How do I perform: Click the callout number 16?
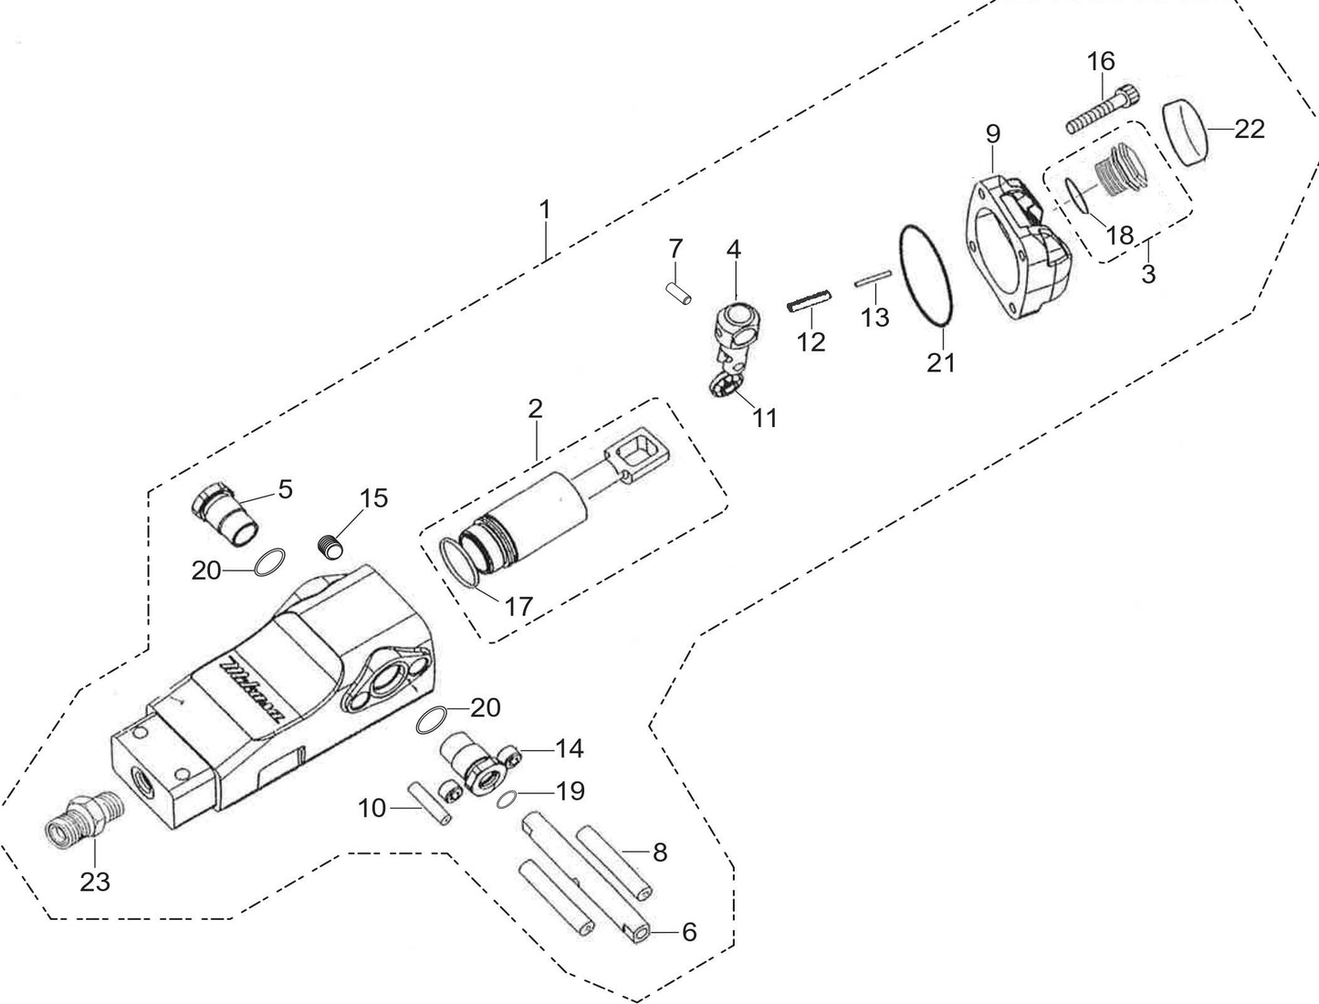[1101, 62]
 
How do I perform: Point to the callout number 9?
[993, 133]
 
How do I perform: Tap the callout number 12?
[811, 341]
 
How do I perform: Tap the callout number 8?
[659, 853]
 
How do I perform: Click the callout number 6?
[688, 932]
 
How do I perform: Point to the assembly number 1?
[545, 210]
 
